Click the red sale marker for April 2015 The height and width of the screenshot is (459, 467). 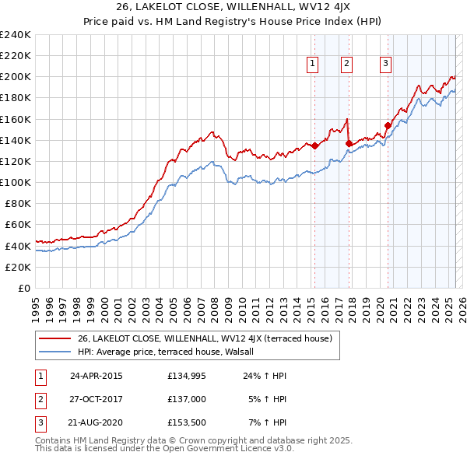click(x=314, y=145)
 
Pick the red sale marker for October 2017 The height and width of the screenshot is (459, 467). click(x=349, y=143)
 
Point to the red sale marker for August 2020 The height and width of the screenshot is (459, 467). click(x=388, y=125)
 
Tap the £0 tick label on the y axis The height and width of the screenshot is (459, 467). click(x=23, y=288)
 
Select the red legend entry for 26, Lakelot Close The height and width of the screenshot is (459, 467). click(x=205, y=338)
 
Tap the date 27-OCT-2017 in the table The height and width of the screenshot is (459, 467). click(x=96, y=399)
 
